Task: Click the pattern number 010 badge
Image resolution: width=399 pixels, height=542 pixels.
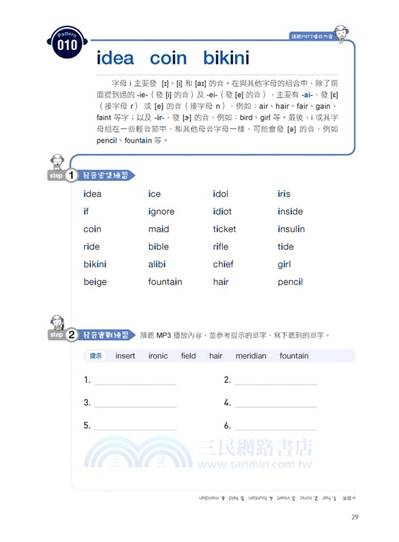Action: click(x=67, y=44)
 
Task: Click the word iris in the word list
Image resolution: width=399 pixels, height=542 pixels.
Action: click(x=284, y=194)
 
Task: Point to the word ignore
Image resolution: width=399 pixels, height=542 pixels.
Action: click(x=161, y=211)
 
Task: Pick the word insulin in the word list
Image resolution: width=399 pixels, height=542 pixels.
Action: click(x=291, y=229)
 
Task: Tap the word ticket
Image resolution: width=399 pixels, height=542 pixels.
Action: click(x=224, y=229)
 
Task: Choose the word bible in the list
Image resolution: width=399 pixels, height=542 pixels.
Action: click(x=159, y=247)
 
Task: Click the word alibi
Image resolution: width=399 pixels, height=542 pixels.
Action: click(x=157, y=264)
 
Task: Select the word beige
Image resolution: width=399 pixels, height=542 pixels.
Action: click(x=95, y=282)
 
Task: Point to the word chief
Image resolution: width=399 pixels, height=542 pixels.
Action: click(x=223, y=264)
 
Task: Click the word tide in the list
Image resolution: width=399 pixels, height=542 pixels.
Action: click(x=286, y=247)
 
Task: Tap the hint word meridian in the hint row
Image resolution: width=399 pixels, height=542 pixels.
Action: click(x=251, y=356)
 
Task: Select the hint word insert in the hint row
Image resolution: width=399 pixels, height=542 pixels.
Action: click(x=125, y=356)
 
